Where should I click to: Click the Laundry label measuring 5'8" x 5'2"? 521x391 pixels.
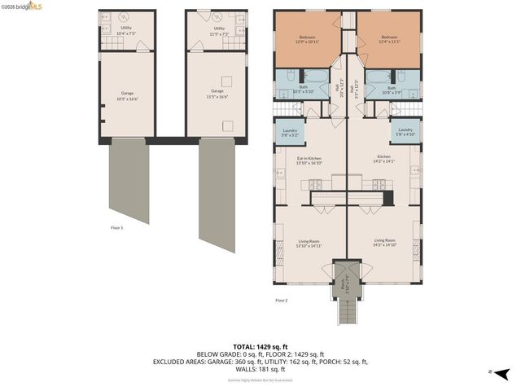290,131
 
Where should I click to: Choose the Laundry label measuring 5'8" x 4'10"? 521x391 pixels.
405,131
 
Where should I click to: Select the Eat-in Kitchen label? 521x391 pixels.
309,160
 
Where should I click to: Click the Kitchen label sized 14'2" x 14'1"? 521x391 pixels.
383,158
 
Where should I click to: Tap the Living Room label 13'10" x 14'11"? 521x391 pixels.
309,243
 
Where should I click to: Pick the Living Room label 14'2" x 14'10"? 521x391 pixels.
385,242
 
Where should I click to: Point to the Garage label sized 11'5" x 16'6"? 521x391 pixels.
217,93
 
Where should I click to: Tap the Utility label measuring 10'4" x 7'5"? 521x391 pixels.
126,30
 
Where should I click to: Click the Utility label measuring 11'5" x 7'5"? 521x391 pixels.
219,30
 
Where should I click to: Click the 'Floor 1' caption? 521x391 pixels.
116,228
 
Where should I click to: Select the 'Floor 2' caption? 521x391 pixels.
282,301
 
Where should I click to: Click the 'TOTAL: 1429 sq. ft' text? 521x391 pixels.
260,346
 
